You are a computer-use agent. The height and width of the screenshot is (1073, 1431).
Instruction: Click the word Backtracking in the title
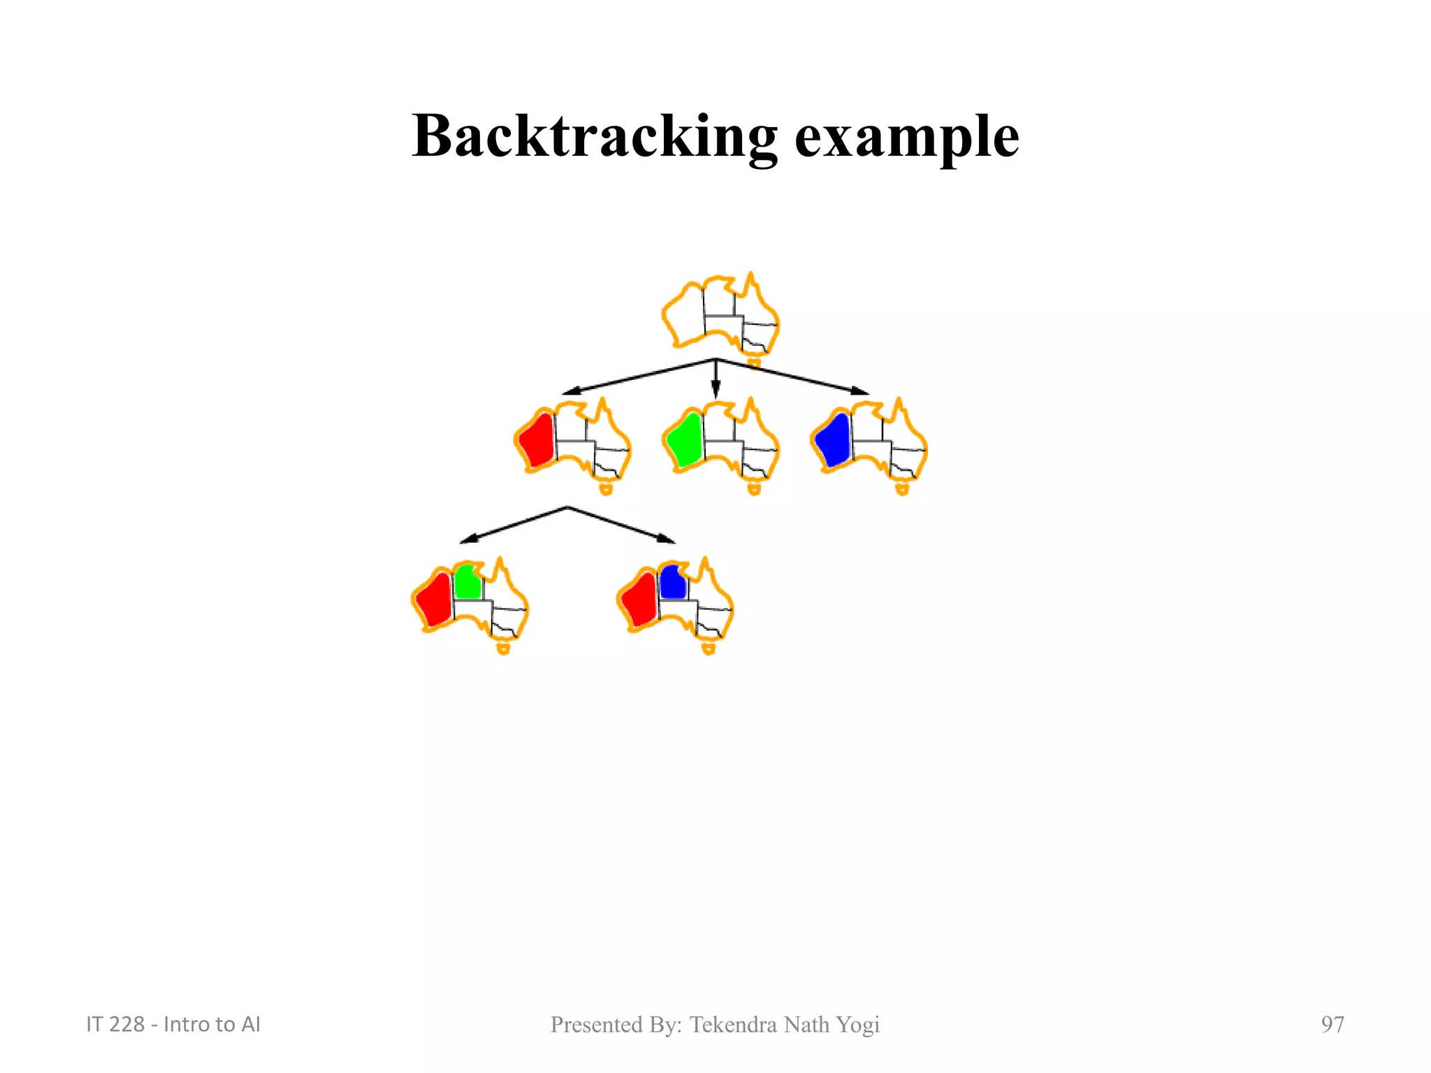pyautogui.click(x=594, y=136)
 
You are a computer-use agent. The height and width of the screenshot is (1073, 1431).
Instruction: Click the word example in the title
pyautogui.click(x=906, y=138)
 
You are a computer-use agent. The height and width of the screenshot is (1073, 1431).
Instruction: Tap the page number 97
pyautogui.click(x=1332, y=1024)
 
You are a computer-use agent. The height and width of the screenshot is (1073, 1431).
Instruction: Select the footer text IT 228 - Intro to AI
pyautogui.click(x=173, y=1024)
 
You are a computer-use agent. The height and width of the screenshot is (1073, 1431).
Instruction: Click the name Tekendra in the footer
pyautogui.click(x=733, y=1024)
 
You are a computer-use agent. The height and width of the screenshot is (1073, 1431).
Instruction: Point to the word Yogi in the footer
pyautogui.click(x=858, y=1025)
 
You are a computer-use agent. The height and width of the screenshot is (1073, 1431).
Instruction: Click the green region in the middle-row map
pyautogui.click(x=685, y=441)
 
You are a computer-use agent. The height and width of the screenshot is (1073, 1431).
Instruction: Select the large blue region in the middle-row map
pyautogui.click(x=834, y=441)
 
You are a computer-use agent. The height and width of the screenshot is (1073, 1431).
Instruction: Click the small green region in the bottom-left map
pyautogui.click(x=467, y=582)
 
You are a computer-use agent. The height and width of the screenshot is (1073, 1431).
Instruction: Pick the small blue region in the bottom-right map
pyautogui.click(x=673, y=582)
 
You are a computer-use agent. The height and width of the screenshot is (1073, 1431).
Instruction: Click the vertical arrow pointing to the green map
pyautogui.click(x=715, y=381)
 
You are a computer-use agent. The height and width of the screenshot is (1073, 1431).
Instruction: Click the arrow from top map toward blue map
pyautogui.click(x=793, y=378)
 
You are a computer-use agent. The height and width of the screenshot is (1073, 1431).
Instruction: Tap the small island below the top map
pyautogui.click(x=754, y=363)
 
